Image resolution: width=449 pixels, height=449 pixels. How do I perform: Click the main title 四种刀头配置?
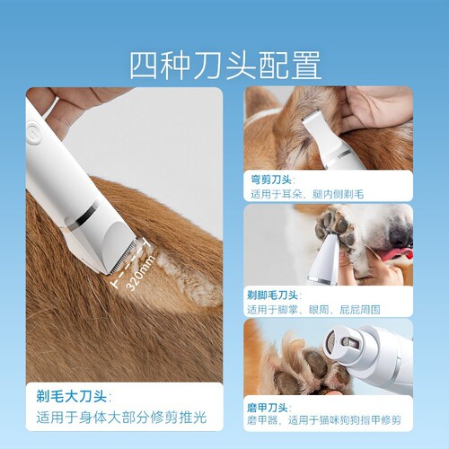tap(224, 65)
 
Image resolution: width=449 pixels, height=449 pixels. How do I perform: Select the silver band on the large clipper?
tap(85, 213)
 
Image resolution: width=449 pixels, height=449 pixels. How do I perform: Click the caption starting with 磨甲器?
tap(323, 419)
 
